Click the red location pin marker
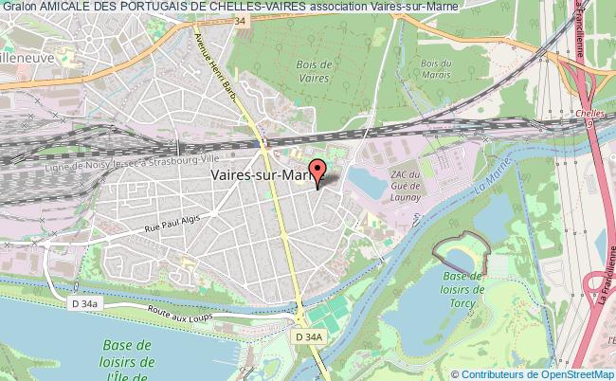click(317, 174)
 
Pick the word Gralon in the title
click(18, 8)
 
